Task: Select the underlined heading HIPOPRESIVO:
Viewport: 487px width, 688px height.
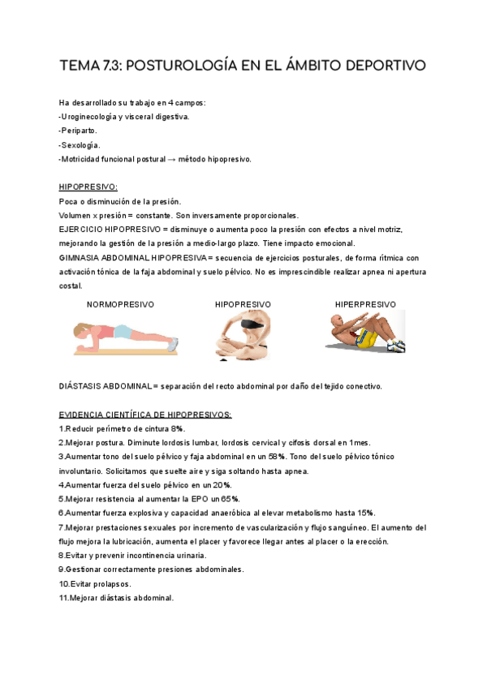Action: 88,187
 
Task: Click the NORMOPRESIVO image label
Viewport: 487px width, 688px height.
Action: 120,304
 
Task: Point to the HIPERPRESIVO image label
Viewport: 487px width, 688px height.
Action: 365,304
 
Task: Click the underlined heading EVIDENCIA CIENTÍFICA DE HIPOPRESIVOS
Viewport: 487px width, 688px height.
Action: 145,415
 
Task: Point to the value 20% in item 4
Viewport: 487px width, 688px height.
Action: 222,485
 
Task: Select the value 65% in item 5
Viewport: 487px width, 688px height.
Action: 230,499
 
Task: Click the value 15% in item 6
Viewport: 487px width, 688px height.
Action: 366,514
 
